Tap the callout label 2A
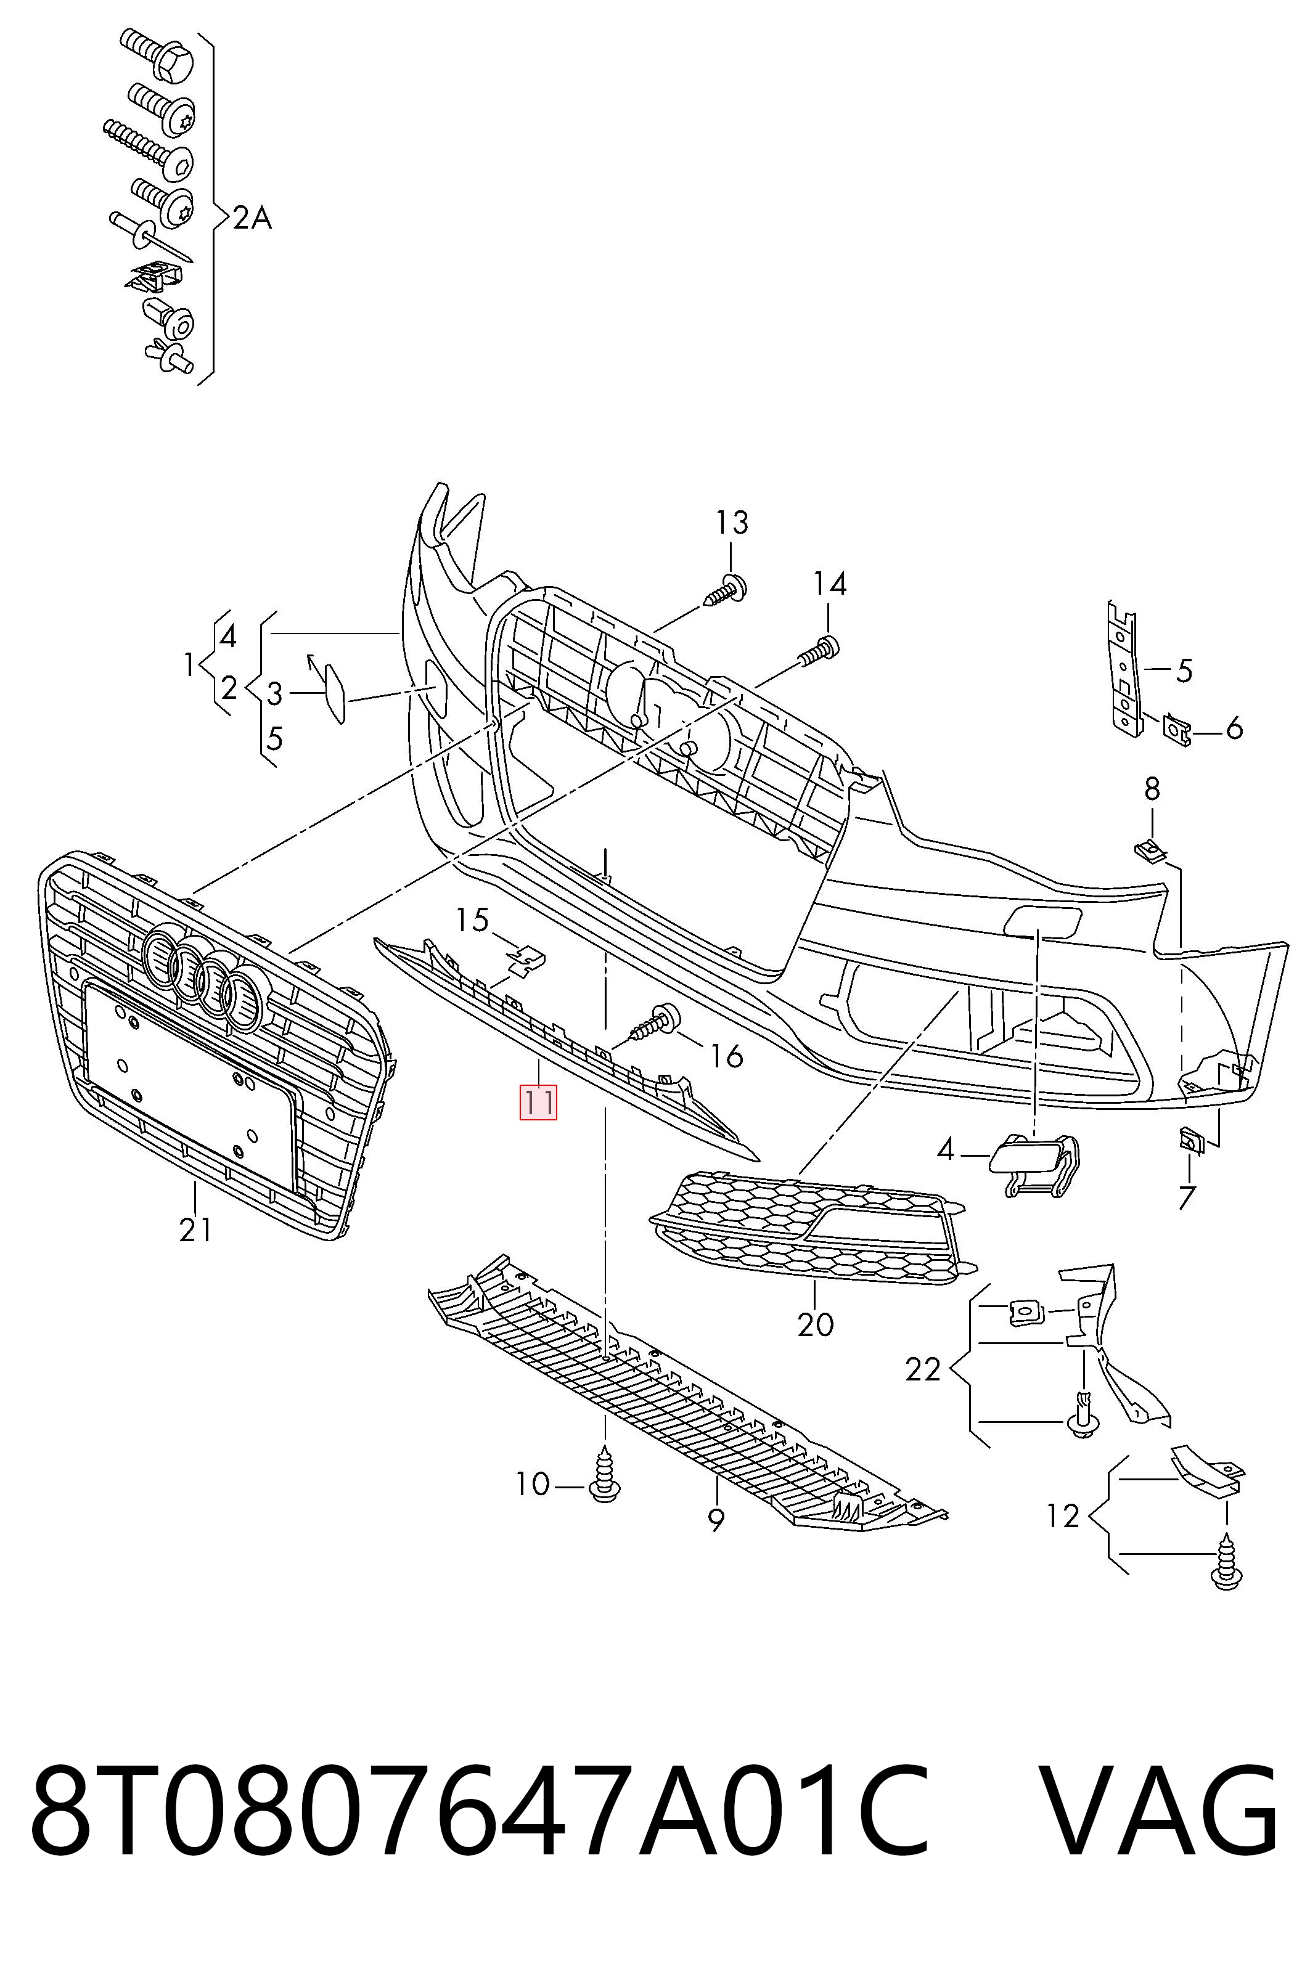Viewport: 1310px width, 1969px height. point(252,219)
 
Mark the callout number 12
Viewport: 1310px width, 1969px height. point(1063,1515)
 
